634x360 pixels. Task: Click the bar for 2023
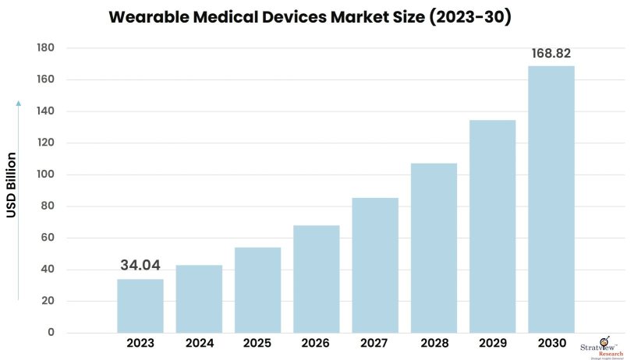140,305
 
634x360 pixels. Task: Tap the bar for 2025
257,290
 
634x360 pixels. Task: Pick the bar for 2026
317,279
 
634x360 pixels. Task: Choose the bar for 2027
375,265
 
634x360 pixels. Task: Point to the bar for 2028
434,248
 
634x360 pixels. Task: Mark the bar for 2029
492,226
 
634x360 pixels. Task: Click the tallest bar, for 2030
551,199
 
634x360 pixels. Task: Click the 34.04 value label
140,266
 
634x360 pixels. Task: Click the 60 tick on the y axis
48,238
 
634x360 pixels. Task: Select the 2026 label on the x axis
317,344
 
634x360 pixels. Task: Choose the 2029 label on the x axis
492,344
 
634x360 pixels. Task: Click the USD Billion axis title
12,185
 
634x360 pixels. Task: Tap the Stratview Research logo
601,344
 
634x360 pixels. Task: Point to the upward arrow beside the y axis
19,199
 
